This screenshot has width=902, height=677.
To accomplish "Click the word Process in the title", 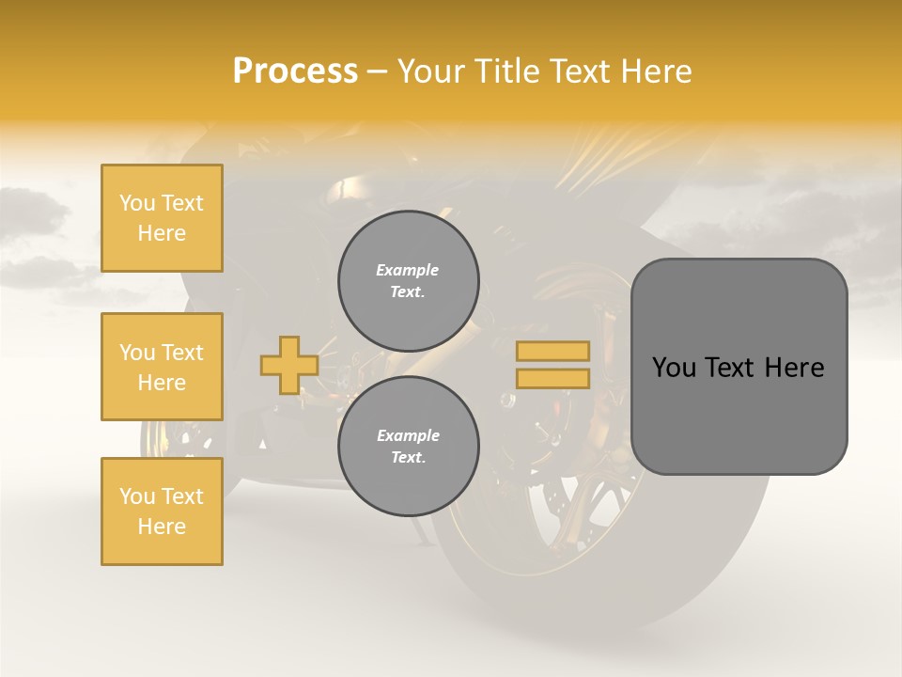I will tap(295, 71).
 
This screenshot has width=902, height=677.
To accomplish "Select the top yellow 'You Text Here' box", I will tap(162, 218).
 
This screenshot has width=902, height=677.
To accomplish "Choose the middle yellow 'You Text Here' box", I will tap(162, 367).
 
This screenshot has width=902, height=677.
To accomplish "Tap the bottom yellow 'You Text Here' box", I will tap(162, 512).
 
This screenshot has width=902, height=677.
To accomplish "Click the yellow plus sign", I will tap(289, 365).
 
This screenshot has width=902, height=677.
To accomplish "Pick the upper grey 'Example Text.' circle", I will tap(408, 281).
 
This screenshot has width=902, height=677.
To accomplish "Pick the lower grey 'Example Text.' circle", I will tap(408, 447).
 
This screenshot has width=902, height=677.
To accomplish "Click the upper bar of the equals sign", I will tap(552, 352).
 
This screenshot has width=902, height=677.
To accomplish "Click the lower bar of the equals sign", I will tap(552, 378).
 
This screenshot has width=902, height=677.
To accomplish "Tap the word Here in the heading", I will tap(657, 71).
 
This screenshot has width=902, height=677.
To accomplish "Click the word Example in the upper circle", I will tap(408, 271).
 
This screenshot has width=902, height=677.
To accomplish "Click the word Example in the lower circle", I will tap(408, 436).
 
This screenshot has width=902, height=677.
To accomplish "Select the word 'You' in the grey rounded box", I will tap(674, 368).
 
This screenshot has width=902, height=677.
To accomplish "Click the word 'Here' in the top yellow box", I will tap(162, 233).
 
